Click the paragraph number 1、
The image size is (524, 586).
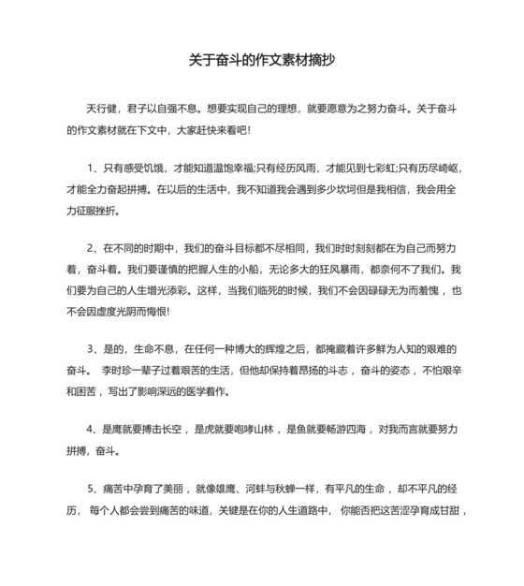tap(95, 169)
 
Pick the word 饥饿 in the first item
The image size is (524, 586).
tap(164, 169)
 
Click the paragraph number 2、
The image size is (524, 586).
tap(95, 250)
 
